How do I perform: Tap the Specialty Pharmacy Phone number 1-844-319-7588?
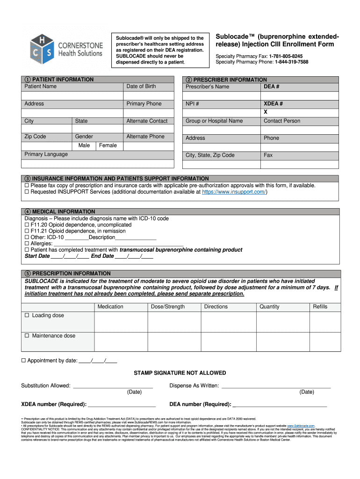pyautogui.click(x=291, y=62)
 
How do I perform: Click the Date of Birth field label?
pyautogui.click(x=141, y=87)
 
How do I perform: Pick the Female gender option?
pyautogui.click(x=108, y=145)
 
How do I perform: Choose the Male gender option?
pyautogui.click(x=84, y=145)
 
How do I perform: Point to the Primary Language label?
pyautogui.click(x=46, y=154)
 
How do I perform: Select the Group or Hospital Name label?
pyautogui.click(x=214, y=121)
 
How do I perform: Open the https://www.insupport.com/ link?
pyautogui.click(x=233, y=192)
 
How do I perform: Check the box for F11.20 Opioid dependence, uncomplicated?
pyautogui.click(x=27, y=225)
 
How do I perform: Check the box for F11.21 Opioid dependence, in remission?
pyautogui.click(x=27, y=231)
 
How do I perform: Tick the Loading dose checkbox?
pyautogui.click(x=27, y=316)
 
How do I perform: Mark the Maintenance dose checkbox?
pyautogui.click(x=27, y=336)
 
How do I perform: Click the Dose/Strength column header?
pyautogui.click(x=168, y=307)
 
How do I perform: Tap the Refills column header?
pyautogui.click(x=320, y=307)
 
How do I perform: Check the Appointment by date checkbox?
pyautogui.click(x=23, y=361)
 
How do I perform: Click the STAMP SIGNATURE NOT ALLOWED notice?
pyautogui.click(x=180, y=373)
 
